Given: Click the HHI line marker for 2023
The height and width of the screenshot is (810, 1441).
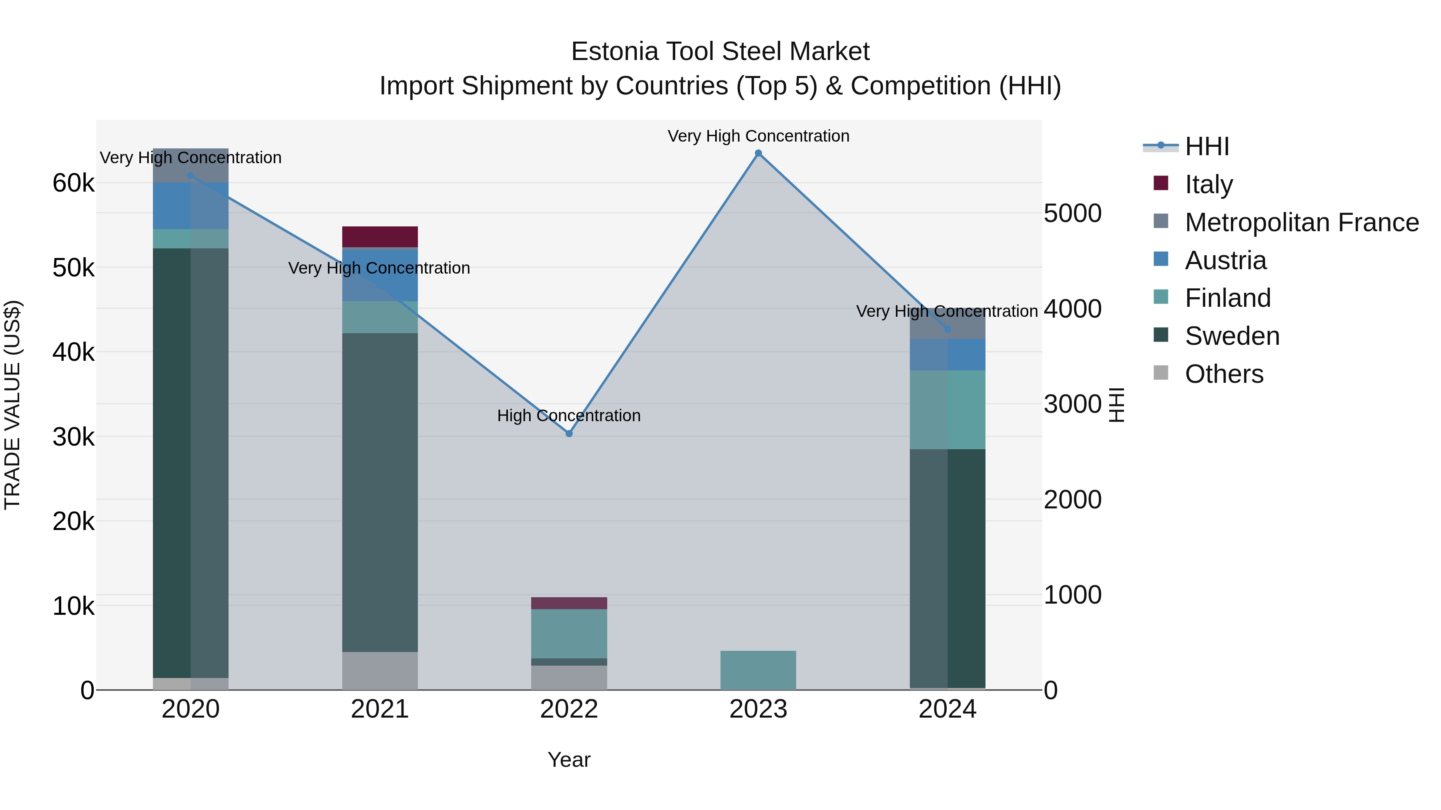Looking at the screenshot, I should [x=758, y=153].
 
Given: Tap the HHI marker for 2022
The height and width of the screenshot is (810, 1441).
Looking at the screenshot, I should [x=569, y=434].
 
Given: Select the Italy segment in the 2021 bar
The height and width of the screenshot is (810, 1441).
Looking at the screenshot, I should [x=380, y=236].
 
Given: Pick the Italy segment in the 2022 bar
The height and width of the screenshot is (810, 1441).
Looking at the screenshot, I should [x=569, y=603].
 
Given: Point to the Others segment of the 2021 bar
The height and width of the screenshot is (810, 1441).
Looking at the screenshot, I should [x=380, y=670].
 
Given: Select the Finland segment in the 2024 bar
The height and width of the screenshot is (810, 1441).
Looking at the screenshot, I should [x=947, y=410].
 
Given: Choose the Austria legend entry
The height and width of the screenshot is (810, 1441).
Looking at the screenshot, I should [x=1225, y=260].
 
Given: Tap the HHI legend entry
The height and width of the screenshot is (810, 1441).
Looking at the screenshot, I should [x=1206, y=146].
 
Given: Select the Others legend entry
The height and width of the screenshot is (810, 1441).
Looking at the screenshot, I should [x=1223, y=374].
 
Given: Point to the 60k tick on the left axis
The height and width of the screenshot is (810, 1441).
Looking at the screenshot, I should [x=73, y=183].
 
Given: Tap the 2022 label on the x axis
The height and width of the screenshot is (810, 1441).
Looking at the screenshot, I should [x=569, y=709].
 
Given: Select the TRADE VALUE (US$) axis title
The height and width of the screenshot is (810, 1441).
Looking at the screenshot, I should [x=12, y=405].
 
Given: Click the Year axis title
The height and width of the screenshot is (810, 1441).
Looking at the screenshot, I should [x=569, y=760].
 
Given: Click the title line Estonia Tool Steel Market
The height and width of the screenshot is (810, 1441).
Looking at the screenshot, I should [x=720, y=52].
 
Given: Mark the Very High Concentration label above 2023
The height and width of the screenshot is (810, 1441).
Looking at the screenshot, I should [x=758, y=136].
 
